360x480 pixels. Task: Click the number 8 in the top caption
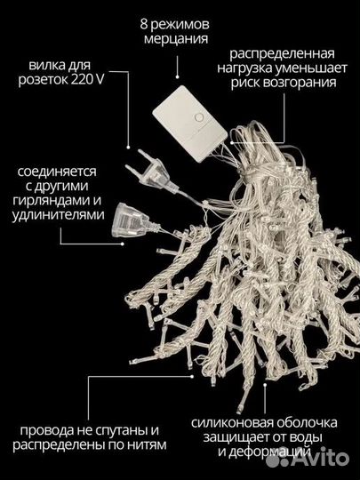(144, 23)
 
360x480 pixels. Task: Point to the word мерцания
(179, 40)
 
